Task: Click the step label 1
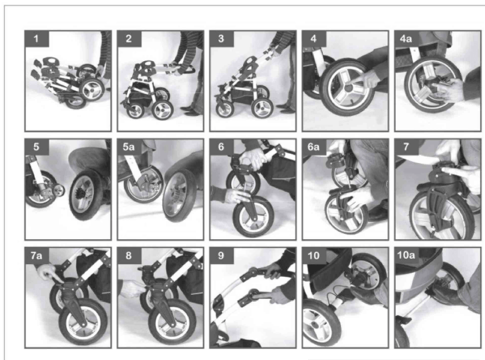36,38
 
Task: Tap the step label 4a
407,38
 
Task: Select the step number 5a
129,147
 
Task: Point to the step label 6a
314,147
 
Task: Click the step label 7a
36,256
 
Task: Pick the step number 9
221,256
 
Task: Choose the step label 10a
407,256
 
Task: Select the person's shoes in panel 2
189,110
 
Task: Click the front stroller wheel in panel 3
225,110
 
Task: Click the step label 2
129,38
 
